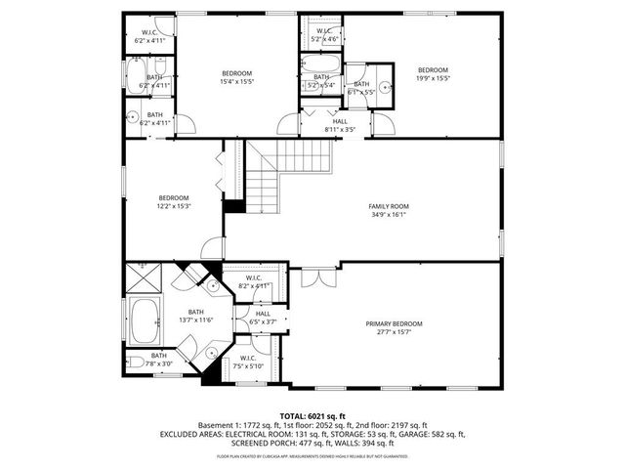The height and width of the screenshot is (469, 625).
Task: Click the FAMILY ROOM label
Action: pos(388,206)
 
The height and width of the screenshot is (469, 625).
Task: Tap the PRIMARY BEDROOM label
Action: pos(394,323)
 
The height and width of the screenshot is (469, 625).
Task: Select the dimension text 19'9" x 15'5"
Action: pos(432,78)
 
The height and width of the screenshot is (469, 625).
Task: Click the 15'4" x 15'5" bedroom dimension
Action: pos(236,82)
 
